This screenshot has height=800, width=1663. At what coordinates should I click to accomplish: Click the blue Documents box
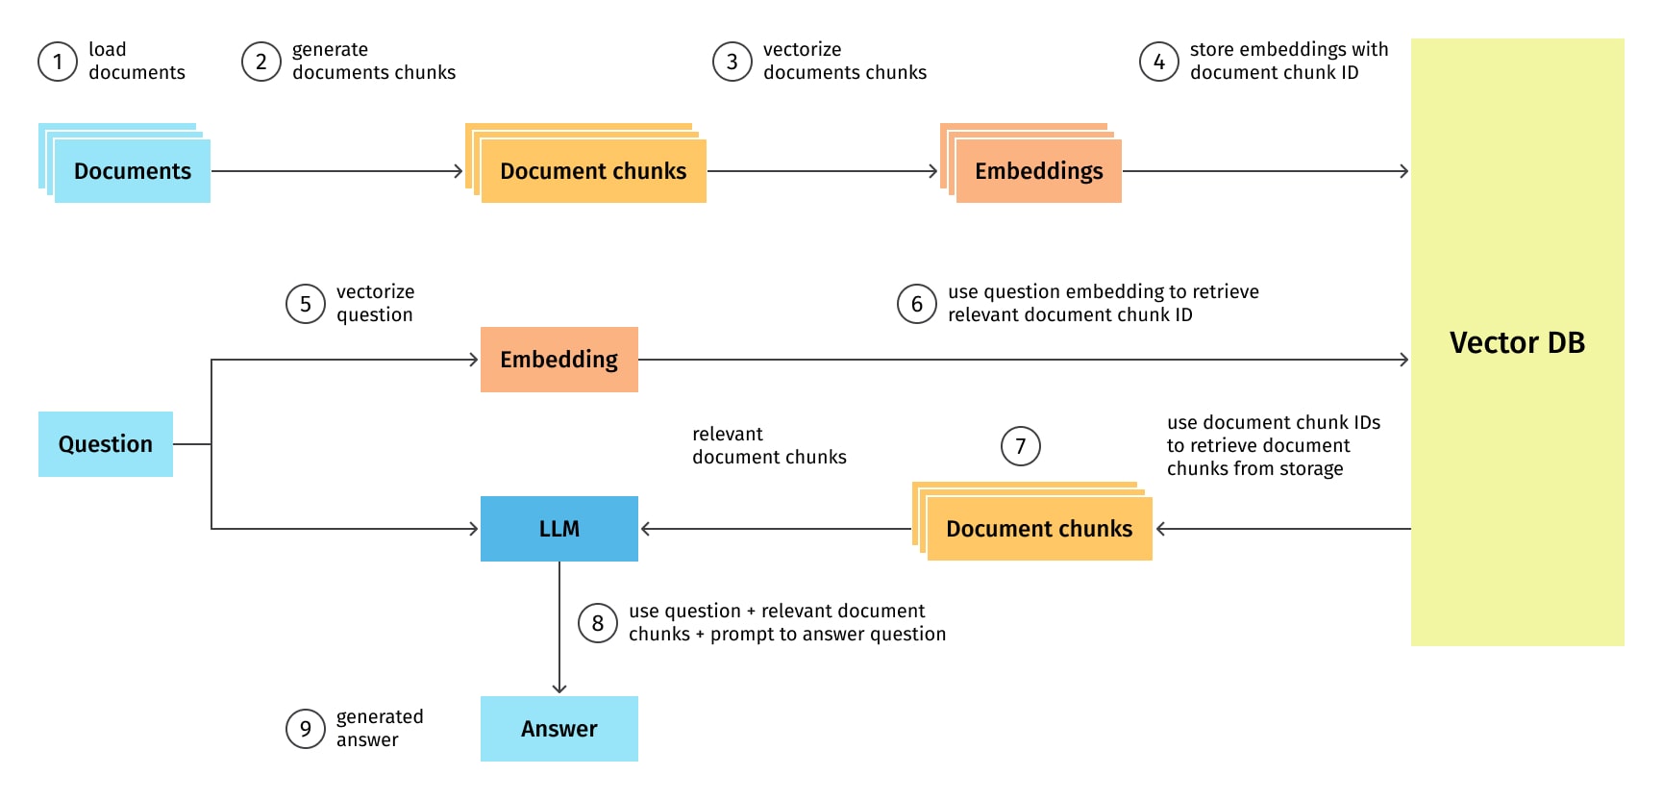click(x=133, y=171)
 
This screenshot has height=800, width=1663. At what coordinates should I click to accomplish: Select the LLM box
click(x=558, y=529)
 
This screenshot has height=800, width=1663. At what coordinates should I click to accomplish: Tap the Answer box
click(x=558, y=729)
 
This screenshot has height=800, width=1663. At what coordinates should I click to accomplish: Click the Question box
click(x=106, y=444)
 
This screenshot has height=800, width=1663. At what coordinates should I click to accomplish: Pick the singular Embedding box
click(x=558, y=360)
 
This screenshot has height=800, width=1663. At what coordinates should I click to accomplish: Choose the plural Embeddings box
click(x=1038, y=171)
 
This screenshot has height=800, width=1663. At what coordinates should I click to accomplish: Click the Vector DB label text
click(x=1517, y=342)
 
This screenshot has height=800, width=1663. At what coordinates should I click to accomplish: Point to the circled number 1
click(x=58, y=62)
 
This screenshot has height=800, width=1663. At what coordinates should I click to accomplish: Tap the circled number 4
click(x=1159, y=62)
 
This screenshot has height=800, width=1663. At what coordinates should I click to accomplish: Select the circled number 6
click(x=917, y=304)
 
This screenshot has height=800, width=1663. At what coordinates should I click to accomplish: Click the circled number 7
click(x=1021, y=446)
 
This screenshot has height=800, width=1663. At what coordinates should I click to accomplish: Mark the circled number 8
click(x=598, y=623)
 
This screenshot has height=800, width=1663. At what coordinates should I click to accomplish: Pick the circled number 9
click(x=306, y=729)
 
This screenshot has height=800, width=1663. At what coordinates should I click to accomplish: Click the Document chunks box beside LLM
click(x=1038, y=529)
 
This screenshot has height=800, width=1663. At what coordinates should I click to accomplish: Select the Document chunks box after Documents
click(x=593, y=171)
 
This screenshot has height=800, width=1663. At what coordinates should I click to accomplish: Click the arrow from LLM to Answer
click(x=559, y=625)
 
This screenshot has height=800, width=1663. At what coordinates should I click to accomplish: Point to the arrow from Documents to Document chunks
click(x=336, y=171)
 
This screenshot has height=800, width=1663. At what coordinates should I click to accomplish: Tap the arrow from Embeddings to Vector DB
click(x=1264, y=171)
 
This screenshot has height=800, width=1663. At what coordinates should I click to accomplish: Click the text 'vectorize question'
click(x=375, y=303)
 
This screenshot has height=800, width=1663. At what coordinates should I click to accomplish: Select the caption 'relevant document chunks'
click(x=769, y=445)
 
